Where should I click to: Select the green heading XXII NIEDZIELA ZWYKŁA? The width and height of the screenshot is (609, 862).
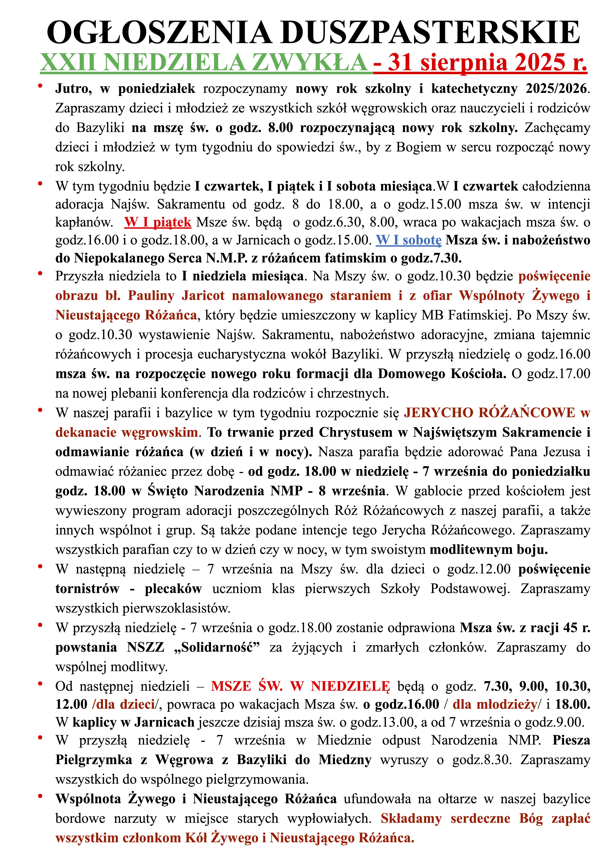pyautogui.click(x=204, y=62)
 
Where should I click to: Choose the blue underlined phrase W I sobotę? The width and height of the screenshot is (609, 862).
pyautogui.click(x=409, y=240)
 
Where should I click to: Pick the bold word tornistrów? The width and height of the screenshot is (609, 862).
pyautogui.click(x=87, y=589)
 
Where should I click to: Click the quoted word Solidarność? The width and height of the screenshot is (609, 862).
pyautogui.click(x=218, y=647)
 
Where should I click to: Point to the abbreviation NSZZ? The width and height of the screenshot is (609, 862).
pyautogui.click(x=146, y=647)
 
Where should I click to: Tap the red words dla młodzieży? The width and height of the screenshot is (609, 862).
pyautogui.click(x=495, y=704)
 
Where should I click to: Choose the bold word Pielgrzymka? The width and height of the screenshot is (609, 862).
pyautogui.click(x=94, y=760)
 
